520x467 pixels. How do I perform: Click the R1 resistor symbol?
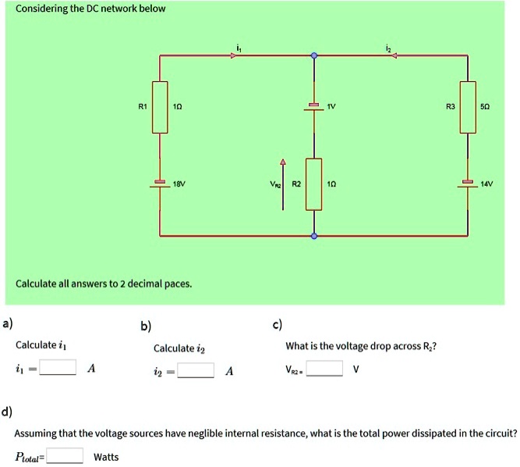(x=160, y=106)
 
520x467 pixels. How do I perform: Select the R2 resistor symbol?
(x=313, y=184)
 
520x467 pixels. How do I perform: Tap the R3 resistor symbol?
(x=468, y=106)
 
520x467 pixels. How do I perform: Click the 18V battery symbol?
(x=160, y=184)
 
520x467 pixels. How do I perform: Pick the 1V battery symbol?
(x=313, y=107)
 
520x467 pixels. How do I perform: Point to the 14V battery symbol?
(x=468, y=184)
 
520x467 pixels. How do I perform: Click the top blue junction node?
(x=313, y=55)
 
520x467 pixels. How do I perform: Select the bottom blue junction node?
(x=313, y=234)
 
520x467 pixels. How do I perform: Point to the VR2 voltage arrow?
(x=283, y=184)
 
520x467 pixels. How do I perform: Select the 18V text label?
(x=180, y=184)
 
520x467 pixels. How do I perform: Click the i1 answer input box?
(x=58, y=367)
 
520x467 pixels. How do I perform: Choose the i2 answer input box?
(x=196, y=370)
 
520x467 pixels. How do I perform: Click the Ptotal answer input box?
(x=65, y=456)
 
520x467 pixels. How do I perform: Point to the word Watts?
(x=106, y=457)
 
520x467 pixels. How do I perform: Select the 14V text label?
(x=488, y=184)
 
